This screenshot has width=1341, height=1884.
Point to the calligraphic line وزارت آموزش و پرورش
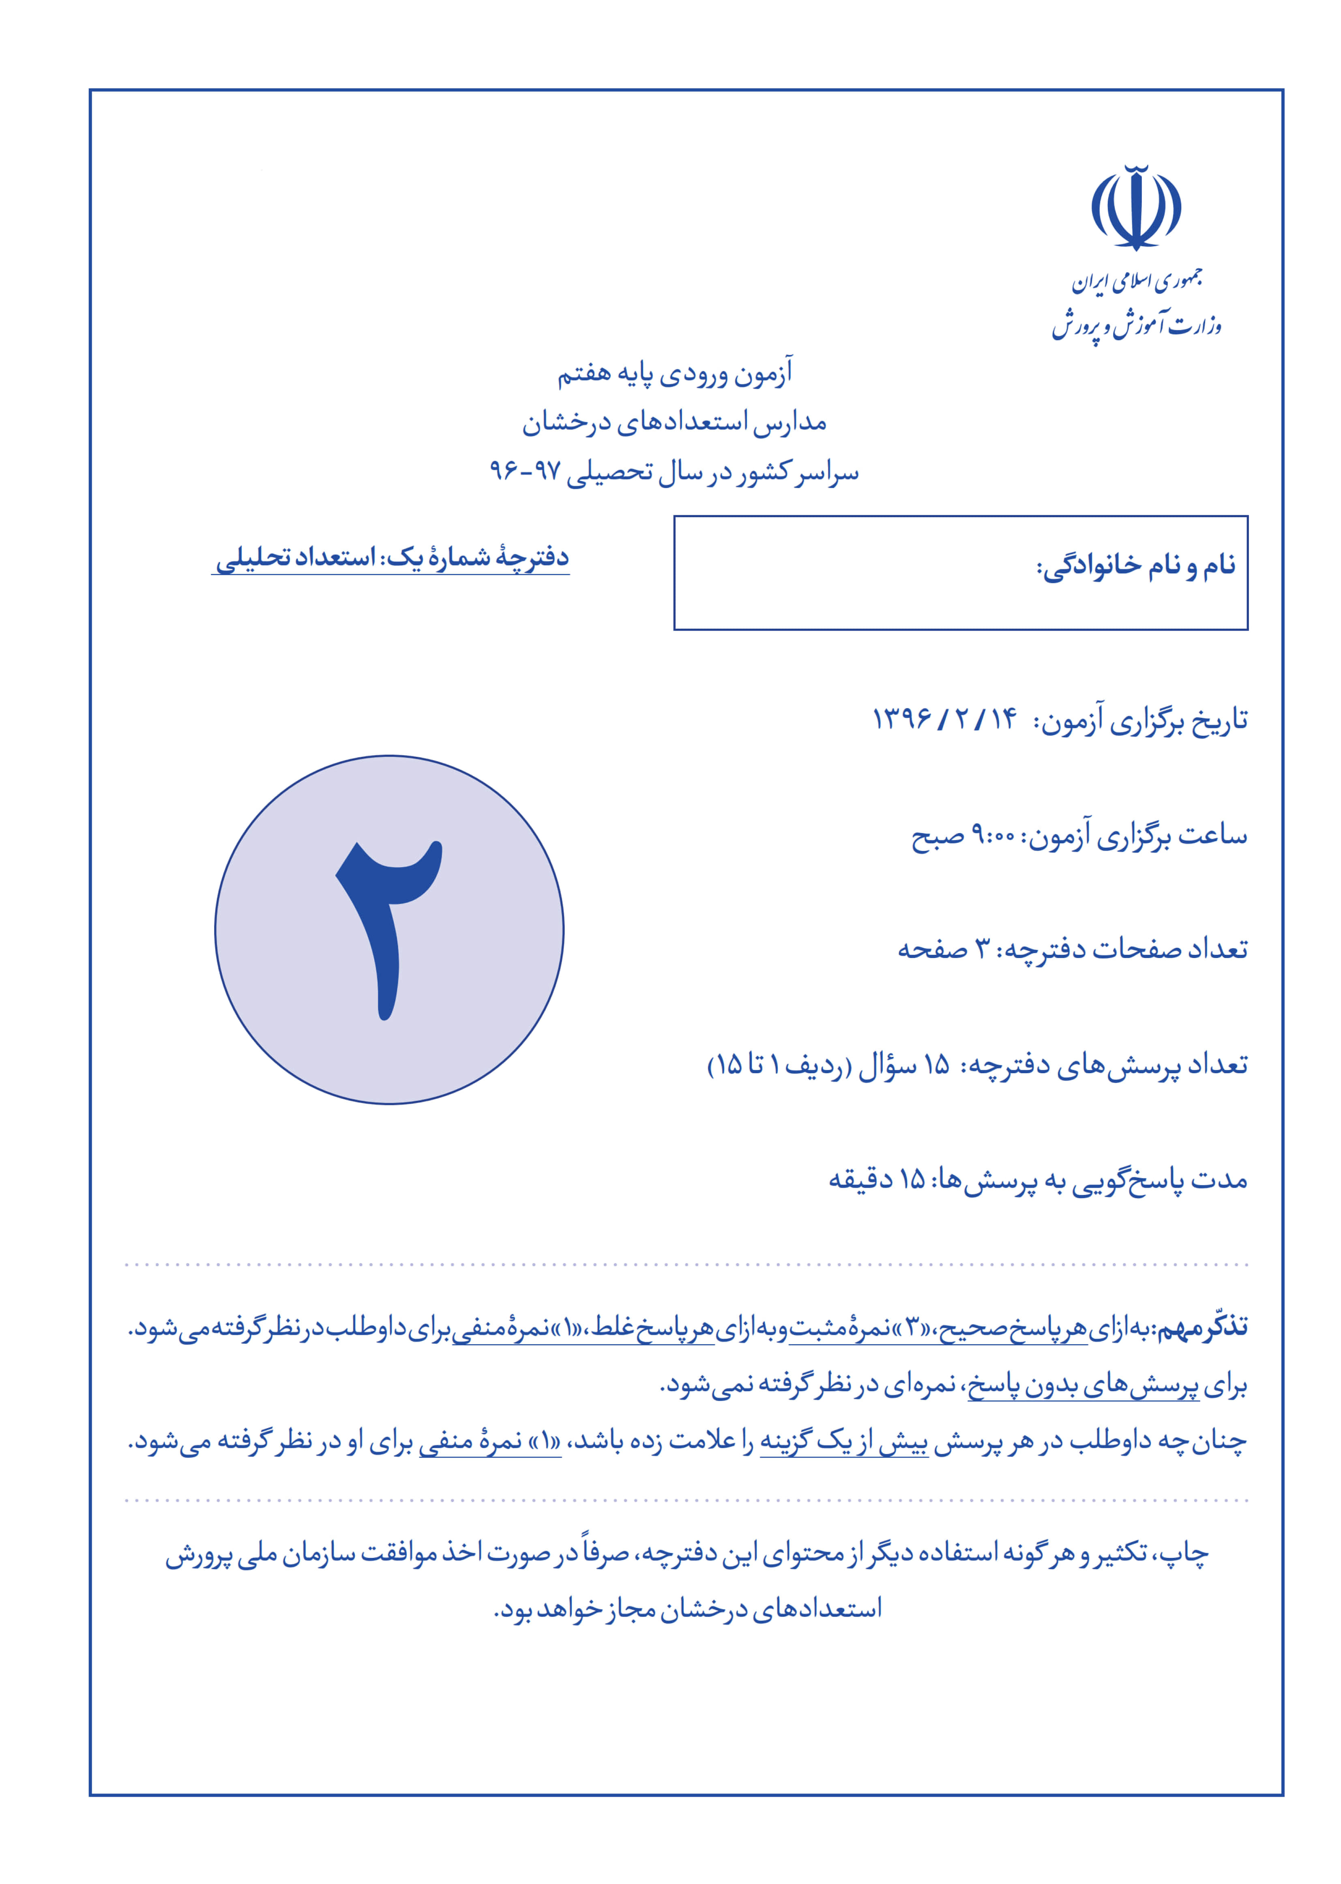[x=1136, y=324]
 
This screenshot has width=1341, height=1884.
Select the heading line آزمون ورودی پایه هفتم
[x=675, y=373]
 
